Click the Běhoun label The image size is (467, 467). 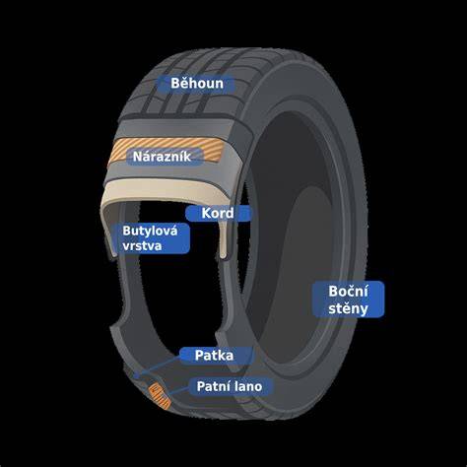pyautogui.click(x=197, y=84)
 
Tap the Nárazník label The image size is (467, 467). pyautogui.click(x=162, y=157)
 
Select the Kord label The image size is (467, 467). pyautogui.click(x=218, y=213)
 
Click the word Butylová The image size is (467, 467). pyautogui.click(x=150, y=232)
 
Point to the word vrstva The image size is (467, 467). pyautogui.click(x=142, y=245)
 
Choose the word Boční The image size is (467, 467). pyautogui.click(x=348, y=292)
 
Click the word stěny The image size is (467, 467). pyautogui.click(x=348, y=308)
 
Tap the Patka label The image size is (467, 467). pyautogui.click(x=214, y=356)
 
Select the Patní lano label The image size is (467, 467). pyautogui.click(x=230, y=386)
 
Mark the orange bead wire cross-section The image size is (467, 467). pyautogui.click(x=160, y=396)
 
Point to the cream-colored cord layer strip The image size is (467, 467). pyautogui.click(x=167, y=190)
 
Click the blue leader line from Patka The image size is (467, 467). pyautogui.click(x=159, y=367)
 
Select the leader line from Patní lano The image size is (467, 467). pyautogui.click(x=179, y=390)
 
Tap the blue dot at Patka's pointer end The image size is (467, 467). pyautogui.click(x=137, y=374)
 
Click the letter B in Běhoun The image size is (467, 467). pyautogui.click(x=175, y=84)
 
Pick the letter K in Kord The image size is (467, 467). pyautogui.click(x=206, y=214)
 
